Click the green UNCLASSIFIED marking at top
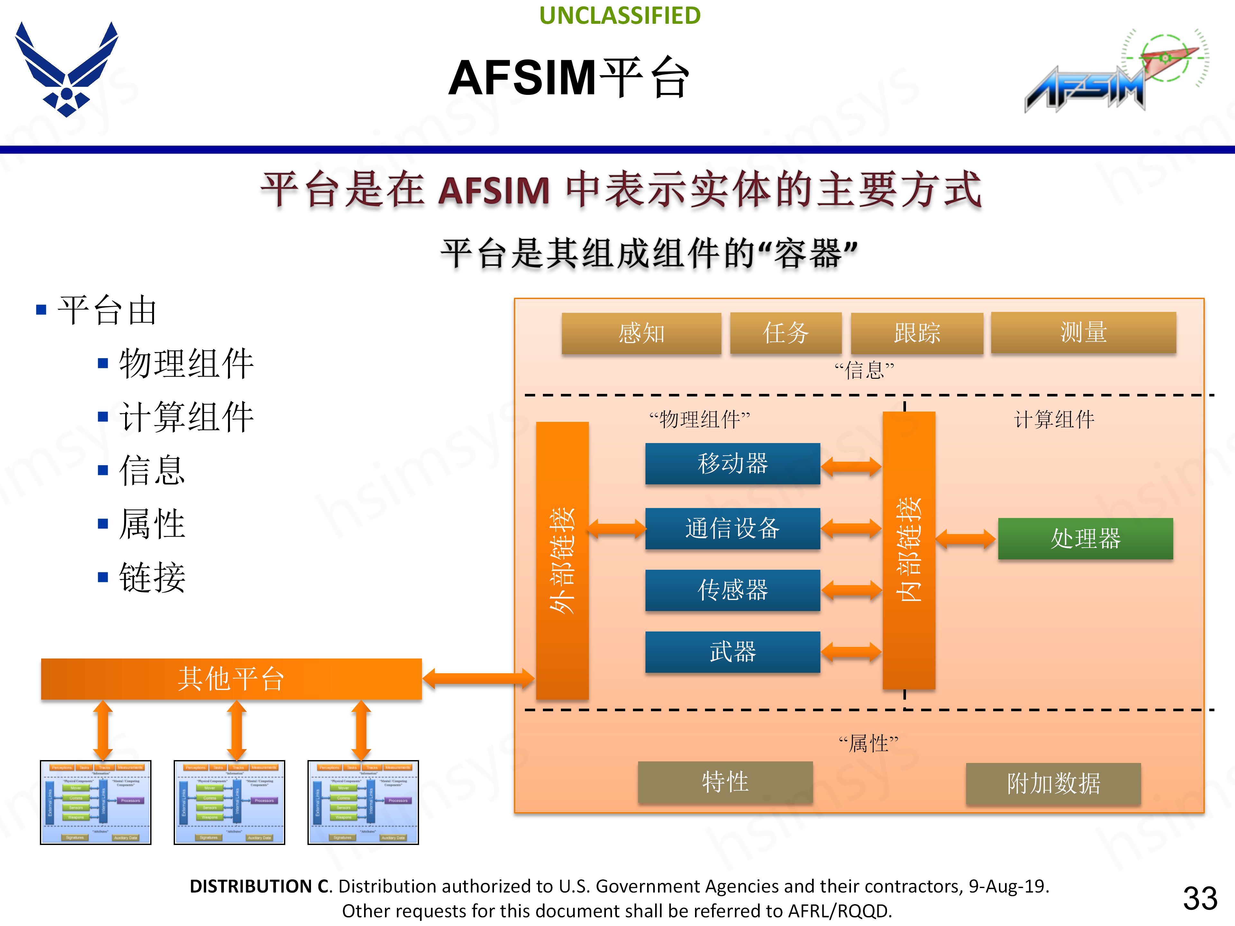point(620,16)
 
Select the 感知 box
point(641,333)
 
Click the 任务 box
point(786,333)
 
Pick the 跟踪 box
point(917,333)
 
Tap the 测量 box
point(1083,333)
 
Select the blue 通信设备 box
point(733,528)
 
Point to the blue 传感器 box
point(733,590)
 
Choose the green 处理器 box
point(1085,539)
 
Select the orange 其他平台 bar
point(231,679)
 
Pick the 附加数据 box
point(1053,784)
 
